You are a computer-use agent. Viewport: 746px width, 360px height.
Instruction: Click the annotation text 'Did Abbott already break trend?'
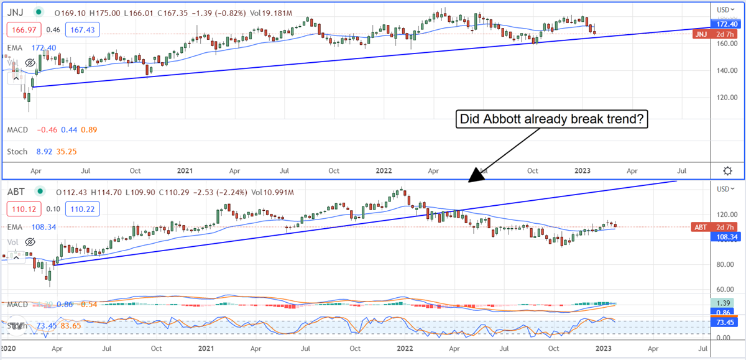click(x=552, y=119)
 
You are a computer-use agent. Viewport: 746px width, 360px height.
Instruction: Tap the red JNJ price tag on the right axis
click(x=708, y=34)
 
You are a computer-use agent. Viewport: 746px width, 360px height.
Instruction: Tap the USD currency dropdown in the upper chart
click(x=725, y=10)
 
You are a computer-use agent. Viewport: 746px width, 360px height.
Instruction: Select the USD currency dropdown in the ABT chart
click(x=725, y=189)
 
